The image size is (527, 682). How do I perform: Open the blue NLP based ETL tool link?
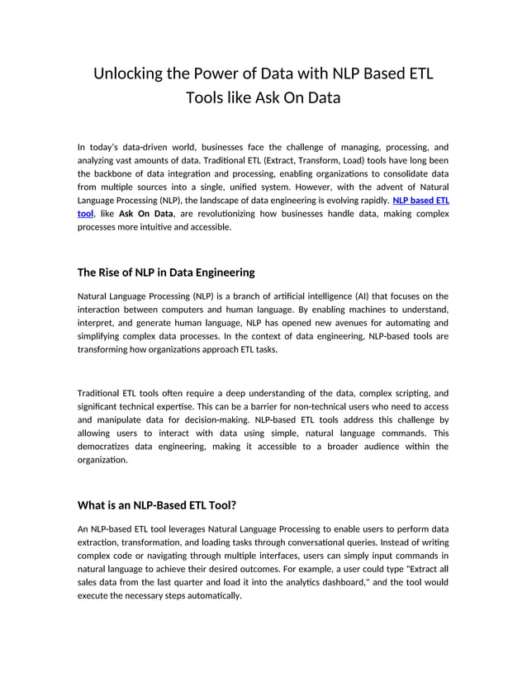click(x=420, y=200)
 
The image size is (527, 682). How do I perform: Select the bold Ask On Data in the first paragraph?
click(x=145, y=214)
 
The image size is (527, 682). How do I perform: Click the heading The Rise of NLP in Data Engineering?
click(x=166, y=272)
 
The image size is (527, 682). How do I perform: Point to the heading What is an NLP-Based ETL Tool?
click(x=157, y=505)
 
